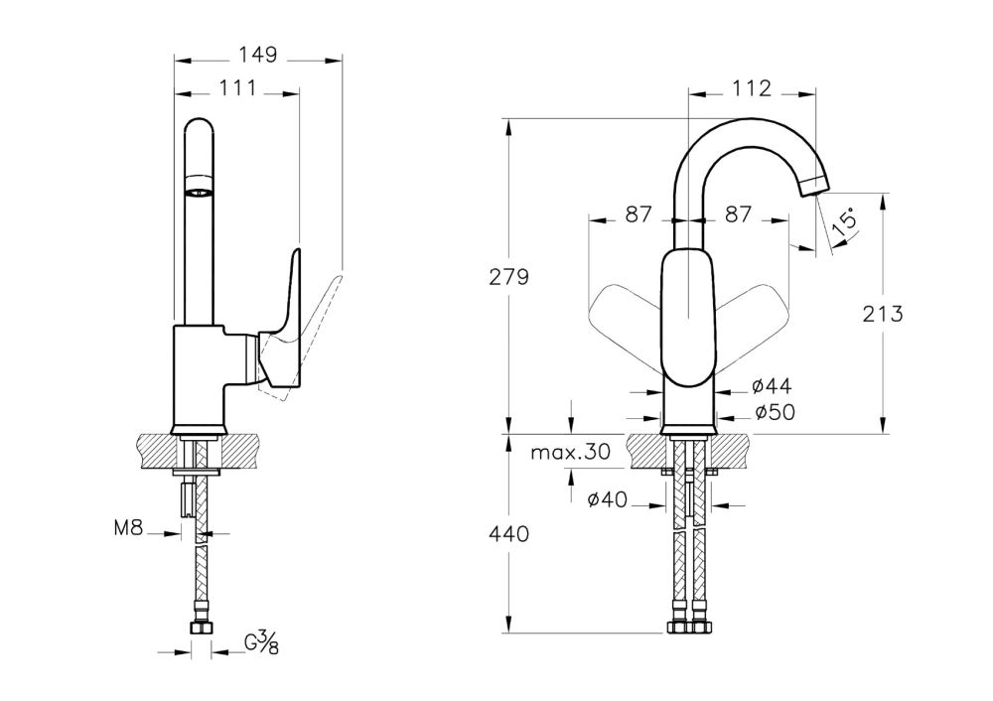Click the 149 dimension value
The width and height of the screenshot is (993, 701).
(258, 54)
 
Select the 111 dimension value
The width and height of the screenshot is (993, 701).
(236, 88)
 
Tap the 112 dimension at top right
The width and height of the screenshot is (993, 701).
(752, 88)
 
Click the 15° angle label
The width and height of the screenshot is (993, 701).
(845, 221)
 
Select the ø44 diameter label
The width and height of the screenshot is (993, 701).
(771, 386)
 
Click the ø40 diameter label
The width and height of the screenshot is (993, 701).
(606, 501)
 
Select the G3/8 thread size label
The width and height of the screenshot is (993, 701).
(260, 645)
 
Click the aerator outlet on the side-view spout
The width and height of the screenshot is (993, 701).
(200, 188)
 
